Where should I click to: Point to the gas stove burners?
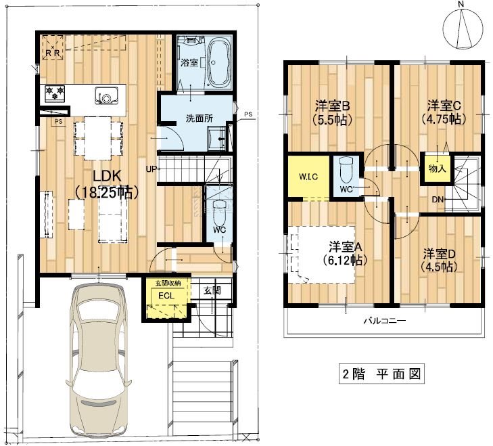[x=54, y=93]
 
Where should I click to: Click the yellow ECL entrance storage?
[x=166, y=297]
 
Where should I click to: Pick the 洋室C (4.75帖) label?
[x=443, y=112]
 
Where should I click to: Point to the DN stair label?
[x=438, y=199]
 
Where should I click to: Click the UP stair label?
[x=151, y=169]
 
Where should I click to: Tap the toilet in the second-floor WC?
[x=346, y=167]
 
